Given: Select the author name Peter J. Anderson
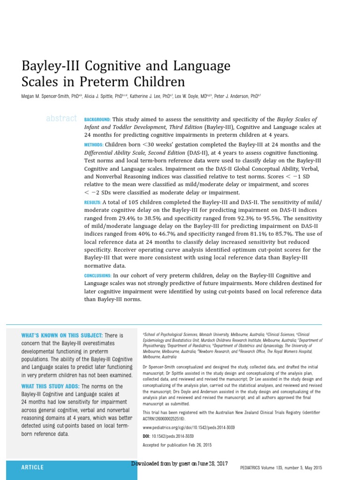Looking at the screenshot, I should coord(232,96).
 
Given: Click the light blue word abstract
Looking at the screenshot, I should coord(61,119).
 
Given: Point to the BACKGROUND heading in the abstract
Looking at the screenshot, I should coord(97,120).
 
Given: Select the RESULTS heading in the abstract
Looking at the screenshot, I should coord(92,202).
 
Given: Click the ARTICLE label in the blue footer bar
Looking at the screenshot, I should coord(32,467).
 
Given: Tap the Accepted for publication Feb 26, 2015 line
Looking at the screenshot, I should coord(177,445).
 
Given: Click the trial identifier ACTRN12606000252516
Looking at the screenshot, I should coord(164,418).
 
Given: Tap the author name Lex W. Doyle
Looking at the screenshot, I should coord(187,96).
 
